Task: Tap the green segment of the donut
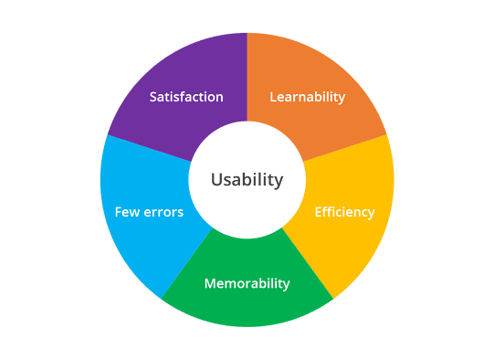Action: [247, 306]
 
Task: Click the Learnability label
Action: [308, 97]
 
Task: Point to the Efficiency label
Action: [344, 212]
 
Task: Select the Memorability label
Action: [247, 283]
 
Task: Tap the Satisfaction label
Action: [186, 97]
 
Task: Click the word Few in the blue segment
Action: [126, 212]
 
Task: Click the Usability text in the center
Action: [247, 180]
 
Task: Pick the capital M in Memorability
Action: [210, 283]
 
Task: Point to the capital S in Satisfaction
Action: [153, 97]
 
